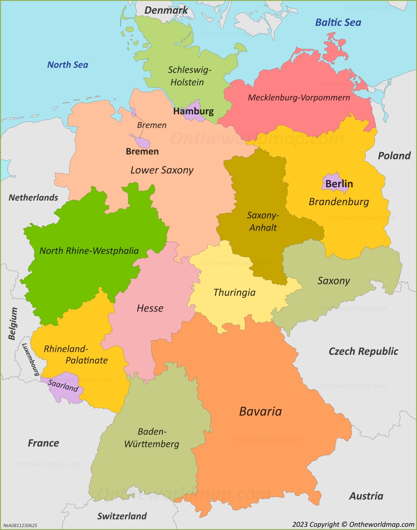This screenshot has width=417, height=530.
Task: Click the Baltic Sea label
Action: pyautogui.click(x=338, y=23)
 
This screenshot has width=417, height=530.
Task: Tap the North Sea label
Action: pyautogui.click(x=68, y=65)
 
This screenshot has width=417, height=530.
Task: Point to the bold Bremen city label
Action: pyautogui.click(x=142, y=151)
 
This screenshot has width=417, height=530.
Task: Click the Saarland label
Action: pyautogui.click(x=63, y=385)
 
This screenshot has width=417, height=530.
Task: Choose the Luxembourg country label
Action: pyautogui.click(x=30, y=359)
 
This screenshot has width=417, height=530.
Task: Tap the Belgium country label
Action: pyautogui.click(x=13, y=324)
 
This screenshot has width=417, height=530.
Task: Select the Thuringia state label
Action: pyautogui.click(x=234, y=292)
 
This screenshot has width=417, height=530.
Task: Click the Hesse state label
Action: pyautogui.click(x=150, y=308)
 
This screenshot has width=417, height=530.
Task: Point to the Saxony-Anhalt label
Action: pyautogui.click(x=263, y=221)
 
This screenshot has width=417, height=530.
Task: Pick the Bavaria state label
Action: pyautogui.click(x=260, y=411)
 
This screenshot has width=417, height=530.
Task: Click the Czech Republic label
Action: pyautogui.click(x=363, y=351)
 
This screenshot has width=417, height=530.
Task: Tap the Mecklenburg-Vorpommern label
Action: pyautogui.click(x=299, y=98)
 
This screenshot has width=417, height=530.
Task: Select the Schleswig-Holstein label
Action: pyautogui.click(x=188, y=76)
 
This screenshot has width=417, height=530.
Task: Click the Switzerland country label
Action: pyautogui.click(x=122, y=516)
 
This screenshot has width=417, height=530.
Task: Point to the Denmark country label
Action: pyautogui.click(x=166, y=10)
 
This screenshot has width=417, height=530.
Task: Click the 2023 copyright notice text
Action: pyautogui.click(x=353, y=525)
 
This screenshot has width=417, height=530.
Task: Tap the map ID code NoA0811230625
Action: pyautogui.click(x=20, y=525)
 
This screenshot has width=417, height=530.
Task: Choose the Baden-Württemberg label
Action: pyautogui.click(x=152, y=438)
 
